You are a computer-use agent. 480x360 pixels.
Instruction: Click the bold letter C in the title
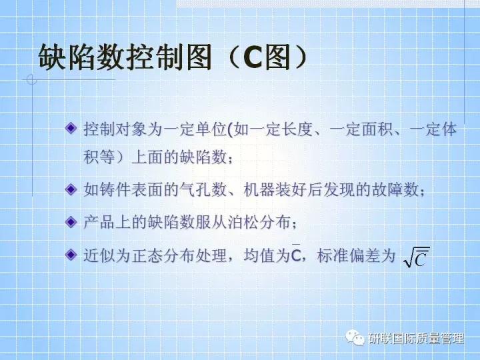255,59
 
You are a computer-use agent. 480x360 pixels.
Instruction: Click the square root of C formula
417,257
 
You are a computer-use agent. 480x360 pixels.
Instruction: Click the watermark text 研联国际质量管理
415,339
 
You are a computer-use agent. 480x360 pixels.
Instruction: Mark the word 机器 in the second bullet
257,190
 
